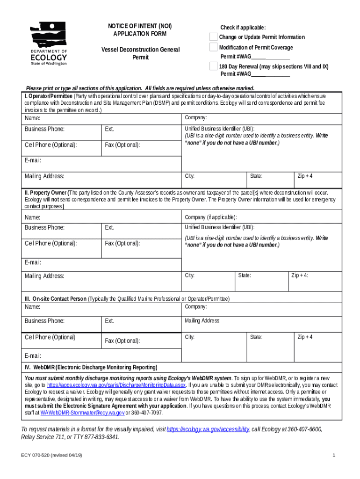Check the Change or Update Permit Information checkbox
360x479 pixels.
click(213, 37)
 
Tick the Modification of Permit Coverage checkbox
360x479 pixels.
click(213, 47)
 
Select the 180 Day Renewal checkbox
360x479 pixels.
click(213, 66)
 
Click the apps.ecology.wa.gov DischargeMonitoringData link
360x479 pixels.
click(116, 385)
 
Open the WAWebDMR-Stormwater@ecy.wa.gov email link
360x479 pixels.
click(82, 413)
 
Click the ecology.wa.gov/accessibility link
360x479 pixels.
click(208, 429)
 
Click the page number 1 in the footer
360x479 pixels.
click(334, 455)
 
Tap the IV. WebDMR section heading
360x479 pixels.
click(91, 367)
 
